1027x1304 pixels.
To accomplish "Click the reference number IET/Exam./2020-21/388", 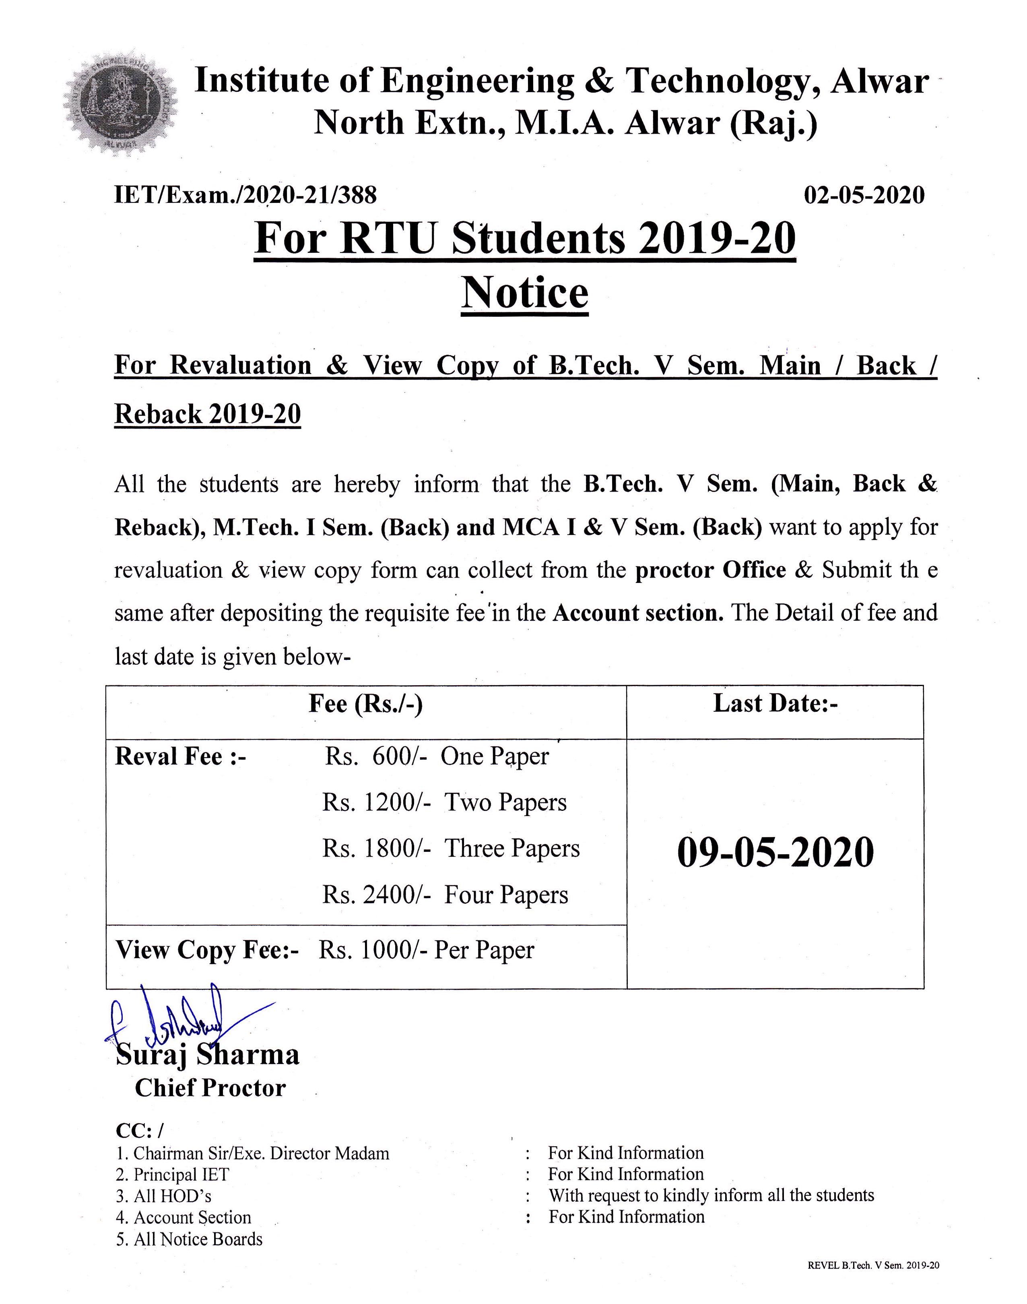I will [x=245, y=195].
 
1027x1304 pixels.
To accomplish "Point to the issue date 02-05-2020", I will [x=864, y=195].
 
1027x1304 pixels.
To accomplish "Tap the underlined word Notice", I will [x=524, y=293].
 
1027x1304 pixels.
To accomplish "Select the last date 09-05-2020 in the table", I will [x=775, y=853].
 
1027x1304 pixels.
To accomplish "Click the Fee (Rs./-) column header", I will [x=365, y=704].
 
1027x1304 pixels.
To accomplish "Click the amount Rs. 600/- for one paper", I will [x=376, y=756].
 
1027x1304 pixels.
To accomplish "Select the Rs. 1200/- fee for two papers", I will [x=376, y=802].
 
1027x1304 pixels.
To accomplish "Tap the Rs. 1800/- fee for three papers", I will [x=376, y=849].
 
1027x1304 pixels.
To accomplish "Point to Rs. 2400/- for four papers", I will [x=376, y=895].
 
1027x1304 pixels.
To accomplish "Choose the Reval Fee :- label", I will [x=180, y=756].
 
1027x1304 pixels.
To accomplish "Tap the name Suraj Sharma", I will [x=207, y=1055].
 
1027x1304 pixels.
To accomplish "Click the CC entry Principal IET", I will [x=173, y=1175].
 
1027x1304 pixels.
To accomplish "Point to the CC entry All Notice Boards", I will [x=190, y=1240].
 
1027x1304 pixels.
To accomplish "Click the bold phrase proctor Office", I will [x=710, y=570].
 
